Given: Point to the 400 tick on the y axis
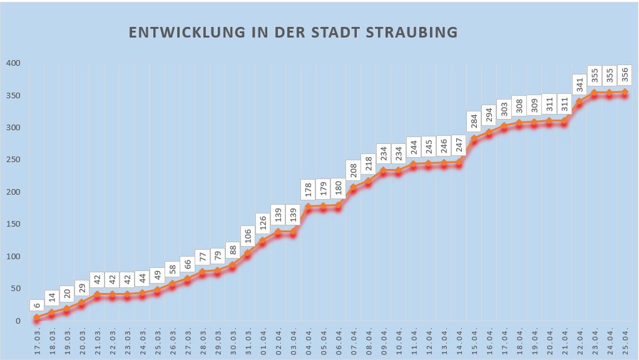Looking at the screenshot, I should tap(14, 63).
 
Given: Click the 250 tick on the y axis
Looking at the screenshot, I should tap(14, 160).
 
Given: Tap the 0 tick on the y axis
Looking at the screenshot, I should tap(18, 321).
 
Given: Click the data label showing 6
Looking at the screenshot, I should tap(37, 306).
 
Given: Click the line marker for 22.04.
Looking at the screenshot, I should tap(580, 101).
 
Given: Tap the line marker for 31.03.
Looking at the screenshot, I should tap(248, 253).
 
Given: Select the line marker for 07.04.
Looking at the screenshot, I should tap(353, 187).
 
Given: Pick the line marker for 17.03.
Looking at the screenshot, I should tap(37, 317).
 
